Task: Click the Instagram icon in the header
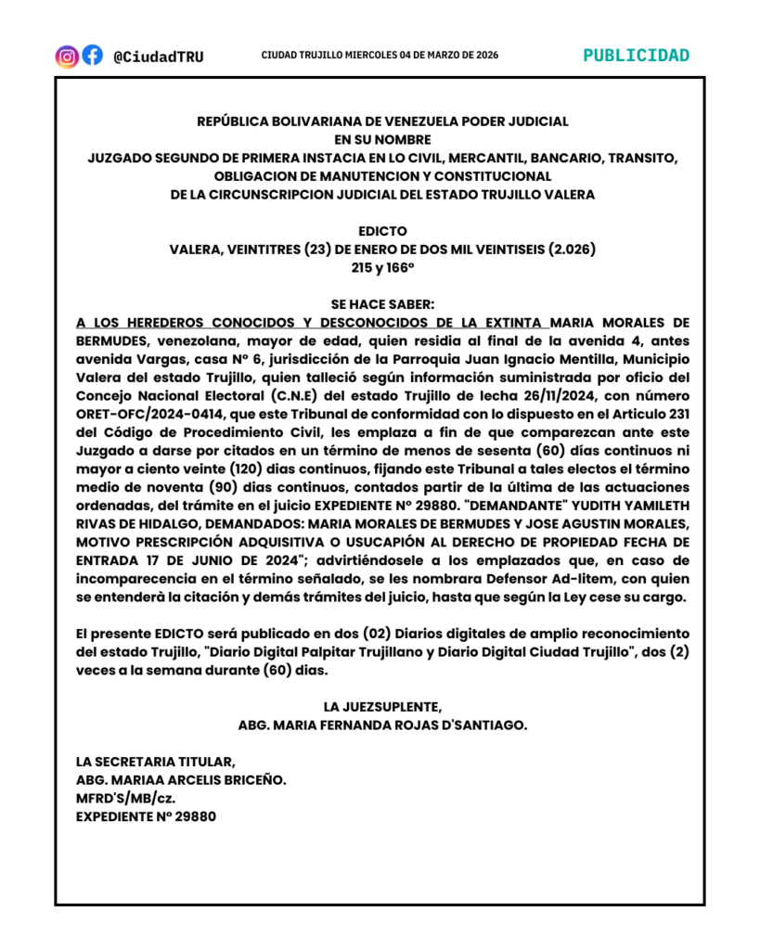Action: [x=67, y=56]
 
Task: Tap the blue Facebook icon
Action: [x=93, y=56]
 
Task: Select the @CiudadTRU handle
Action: [x=158, y=57]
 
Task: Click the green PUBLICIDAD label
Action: [x=637, y=55]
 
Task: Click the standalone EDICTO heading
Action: [x=382, y=230]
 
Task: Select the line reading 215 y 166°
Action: [x=382, y=267]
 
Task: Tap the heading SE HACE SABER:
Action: [x=382, y=303]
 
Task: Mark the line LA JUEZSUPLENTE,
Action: [x=382, y=707]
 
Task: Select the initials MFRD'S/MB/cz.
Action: [x=126, y=798]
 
